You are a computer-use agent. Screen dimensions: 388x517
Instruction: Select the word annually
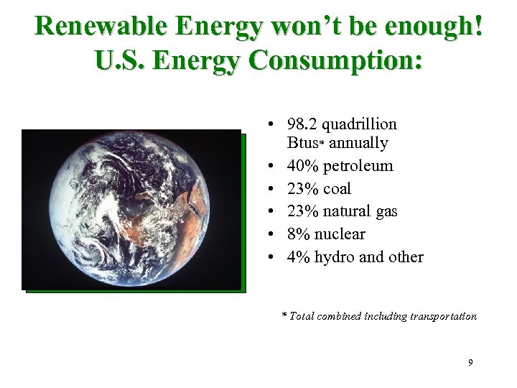[358, 143]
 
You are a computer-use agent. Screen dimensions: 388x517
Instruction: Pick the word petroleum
[358, 166]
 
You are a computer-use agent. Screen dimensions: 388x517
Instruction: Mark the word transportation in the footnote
[444, 316]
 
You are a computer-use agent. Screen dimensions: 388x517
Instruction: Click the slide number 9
[470, 363]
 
